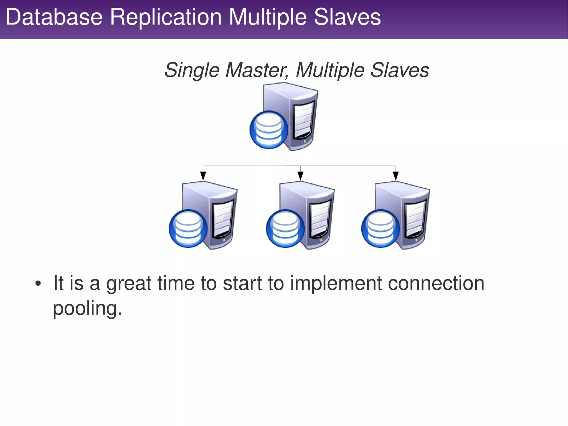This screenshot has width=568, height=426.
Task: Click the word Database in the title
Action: click(x=54, y=17)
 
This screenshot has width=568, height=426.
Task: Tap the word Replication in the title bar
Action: click(x=166, y=17)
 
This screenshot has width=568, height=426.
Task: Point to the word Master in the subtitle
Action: click(x=257, y=70)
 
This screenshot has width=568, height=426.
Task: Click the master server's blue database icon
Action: click(x=269, y=130)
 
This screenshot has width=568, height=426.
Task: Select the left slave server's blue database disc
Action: click(x=188, y=228)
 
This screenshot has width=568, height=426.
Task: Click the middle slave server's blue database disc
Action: click(x=285, y=228)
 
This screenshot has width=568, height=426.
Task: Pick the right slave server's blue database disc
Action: click(x=381, y=228)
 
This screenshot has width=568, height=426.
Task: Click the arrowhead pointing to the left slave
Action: click(x=203, y=176)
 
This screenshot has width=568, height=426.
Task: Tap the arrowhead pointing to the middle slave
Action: click(x=300, y=176)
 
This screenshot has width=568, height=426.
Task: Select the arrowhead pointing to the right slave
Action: click(x=396, y=176)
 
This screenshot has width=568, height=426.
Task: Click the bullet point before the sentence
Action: click(x=38, y=284)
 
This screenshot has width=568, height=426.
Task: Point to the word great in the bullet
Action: click(x=129, y=284)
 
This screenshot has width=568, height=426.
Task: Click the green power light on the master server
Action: click(x=305, y=141)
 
